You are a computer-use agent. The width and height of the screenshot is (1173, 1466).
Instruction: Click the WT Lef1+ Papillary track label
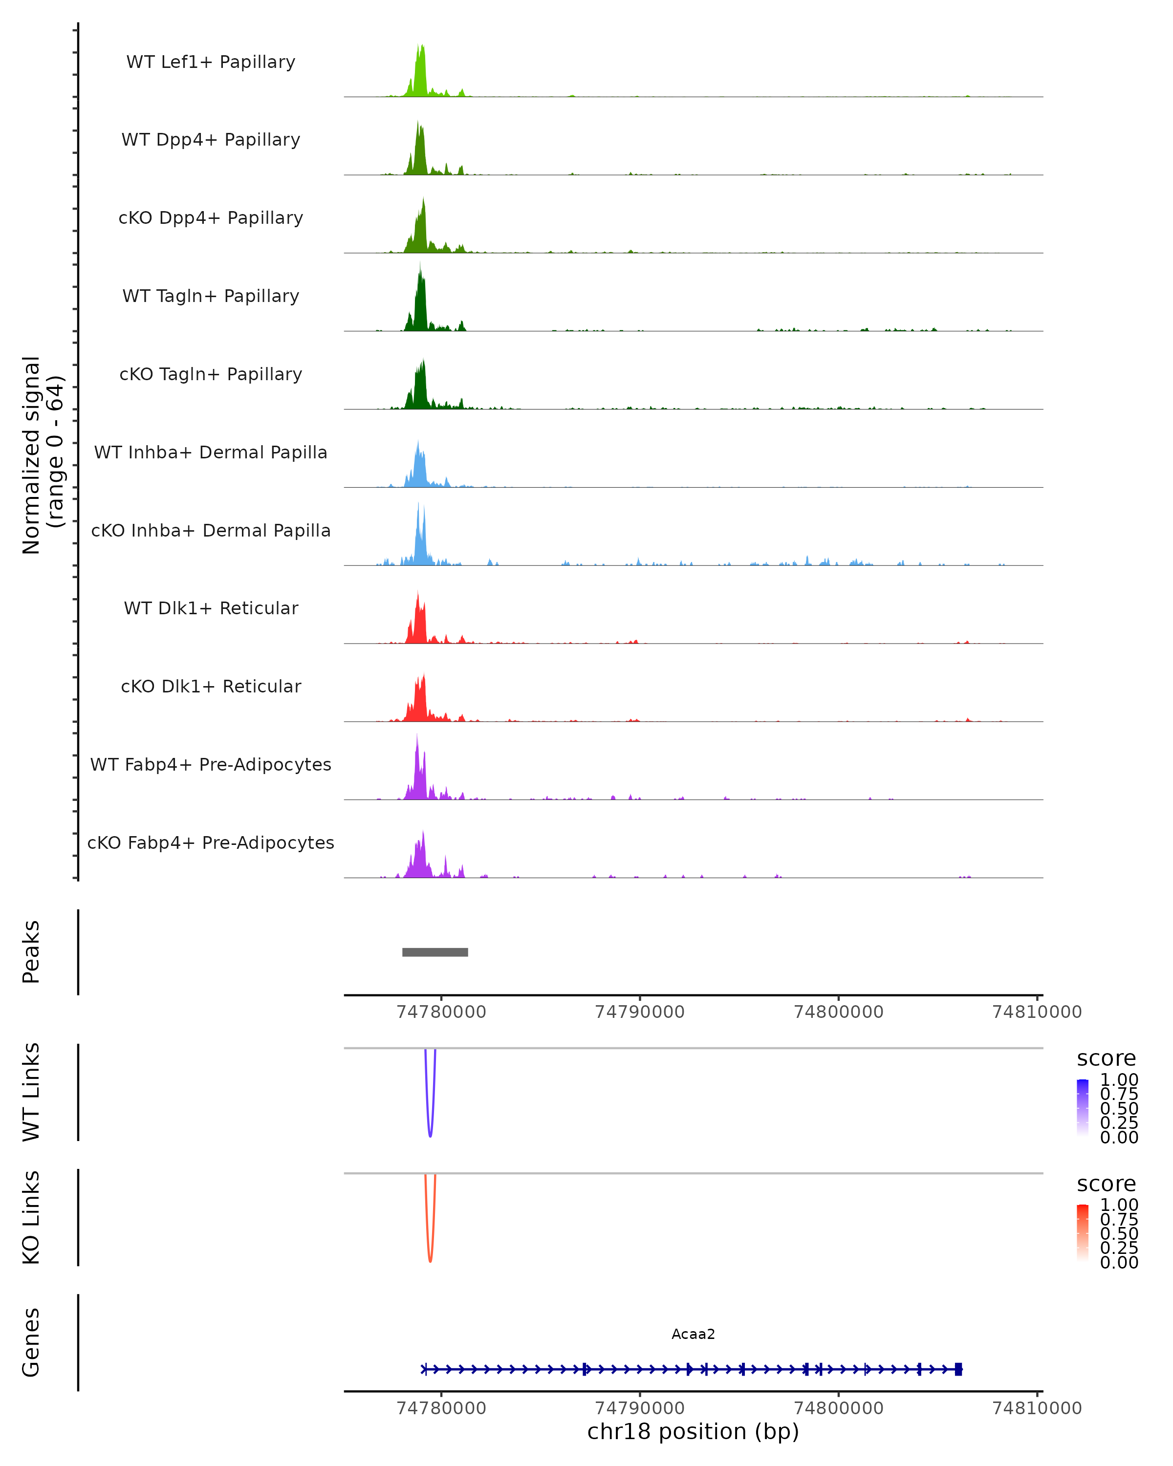pos(211,62)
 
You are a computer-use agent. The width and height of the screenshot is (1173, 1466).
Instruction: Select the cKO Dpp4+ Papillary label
pos(211,217)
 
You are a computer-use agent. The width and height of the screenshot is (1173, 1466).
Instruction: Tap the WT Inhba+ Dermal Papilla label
pos(211,452)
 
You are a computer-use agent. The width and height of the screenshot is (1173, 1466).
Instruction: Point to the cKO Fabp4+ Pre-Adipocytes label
pos(211,842)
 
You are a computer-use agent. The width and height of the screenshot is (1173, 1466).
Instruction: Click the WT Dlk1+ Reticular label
pos(211,608)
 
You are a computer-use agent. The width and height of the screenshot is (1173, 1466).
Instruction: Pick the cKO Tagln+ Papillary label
pos(211,374)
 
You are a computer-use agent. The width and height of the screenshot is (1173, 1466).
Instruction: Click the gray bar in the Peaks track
pos(435,952)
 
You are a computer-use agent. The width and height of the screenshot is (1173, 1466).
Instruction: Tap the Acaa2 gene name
pos(693,1334)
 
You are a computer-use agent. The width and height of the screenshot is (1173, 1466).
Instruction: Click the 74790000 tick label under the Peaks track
pos(639,1012)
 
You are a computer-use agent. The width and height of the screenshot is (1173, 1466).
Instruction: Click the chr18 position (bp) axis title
pos(693,1432)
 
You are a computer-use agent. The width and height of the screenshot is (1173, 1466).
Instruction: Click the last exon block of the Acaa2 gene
pos(958,1369)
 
